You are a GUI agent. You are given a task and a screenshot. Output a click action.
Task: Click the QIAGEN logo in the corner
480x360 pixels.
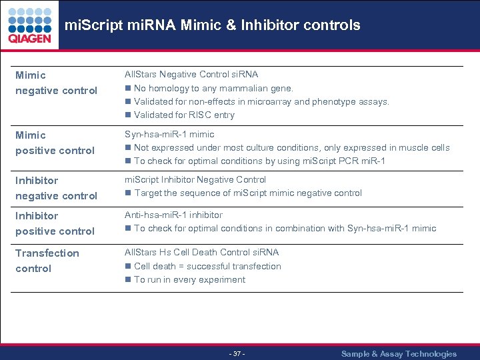point(29,26)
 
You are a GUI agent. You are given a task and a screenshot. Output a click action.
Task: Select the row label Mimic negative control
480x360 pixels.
point(56,83)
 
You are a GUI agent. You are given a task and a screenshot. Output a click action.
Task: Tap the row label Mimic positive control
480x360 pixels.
point(55,143)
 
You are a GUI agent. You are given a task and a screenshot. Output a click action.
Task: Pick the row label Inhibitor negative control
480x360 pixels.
point(56,188)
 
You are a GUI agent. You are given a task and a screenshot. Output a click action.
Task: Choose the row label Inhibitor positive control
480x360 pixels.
point(55,223)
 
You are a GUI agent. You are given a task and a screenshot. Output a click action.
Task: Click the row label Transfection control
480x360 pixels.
point(47,261)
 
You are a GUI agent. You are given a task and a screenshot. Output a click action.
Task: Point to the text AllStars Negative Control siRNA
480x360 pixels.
point(191,74)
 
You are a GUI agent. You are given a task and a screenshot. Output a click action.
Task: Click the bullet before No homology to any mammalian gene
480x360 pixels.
point(128,88)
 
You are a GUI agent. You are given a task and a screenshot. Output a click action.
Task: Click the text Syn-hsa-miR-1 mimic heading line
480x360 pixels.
point(169,134)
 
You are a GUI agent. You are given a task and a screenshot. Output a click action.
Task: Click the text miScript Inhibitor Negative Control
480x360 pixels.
point(195,179)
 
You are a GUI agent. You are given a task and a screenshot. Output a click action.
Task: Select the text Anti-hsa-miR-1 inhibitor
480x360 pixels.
point(173,215)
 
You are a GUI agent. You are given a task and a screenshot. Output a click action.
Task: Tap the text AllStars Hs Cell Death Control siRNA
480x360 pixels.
point(201,252)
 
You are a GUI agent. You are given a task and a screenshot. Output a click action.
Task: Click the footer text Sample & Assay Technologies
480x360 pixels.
point(399,354)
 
